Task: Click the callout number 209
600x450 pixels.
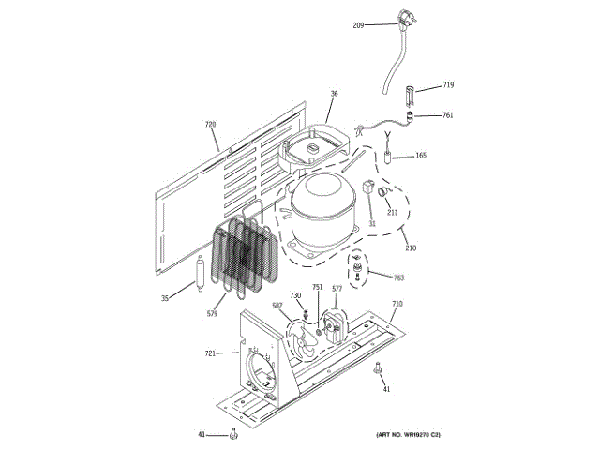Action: pyautogui.click(x=358, y=25)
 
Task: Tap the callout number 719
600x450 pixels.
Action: pyautogui.click(x=448, y=85)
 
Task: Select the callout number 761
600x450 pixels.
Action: pyautogui.click(x=448, y=115)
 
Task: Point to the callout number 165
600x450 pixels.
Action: pyautogui.click(x=420, y=156)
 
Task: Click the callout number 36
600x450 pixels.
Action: pyautogui.click(x=335, y=93)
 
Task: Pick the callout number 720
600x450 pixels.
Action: pyautogui.click(x=210, y=124)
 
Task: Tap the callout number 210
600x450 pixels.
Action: pyautogui.click(x=411, y=247)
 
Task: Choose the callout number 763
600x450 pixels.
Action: pyautogui.click(x=398, y=277)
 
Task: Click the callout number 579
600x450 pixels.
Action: pyautogui.click(x=212, y=313)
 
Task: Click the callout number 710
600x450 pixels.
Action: pyautogui.click(x=397, y=304)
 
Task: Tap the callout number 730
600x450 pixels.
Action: pyautogui.click(x=295, y=295)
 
